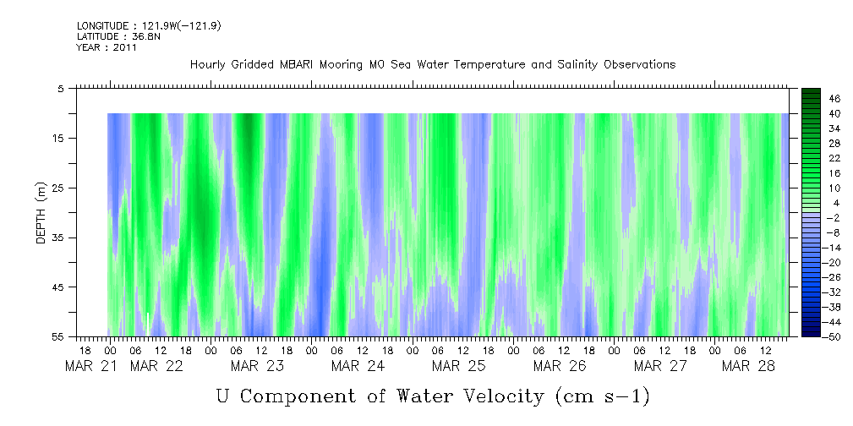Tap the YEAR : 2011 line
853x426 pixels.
tap(107, 47)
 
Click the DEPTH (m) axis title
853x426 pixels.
tap(41, 218)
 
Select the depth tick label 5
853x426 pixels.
tap(61, 88)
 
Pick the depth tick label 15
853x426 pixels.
tap(58, 138)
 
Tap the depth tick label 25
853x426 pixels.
tap(58, 188)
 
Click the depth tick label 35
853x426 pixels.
tap(58, 238)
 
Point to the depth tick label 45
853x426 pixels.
tap(58, 287)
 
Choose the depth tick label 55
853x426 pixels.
tap(58, 337)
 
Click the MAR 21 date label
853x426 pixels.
tap(92, 366)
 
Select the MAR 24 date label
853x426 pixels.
tap(358, 366)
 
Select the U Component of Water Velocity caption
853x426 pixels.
tap(432, 396)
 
